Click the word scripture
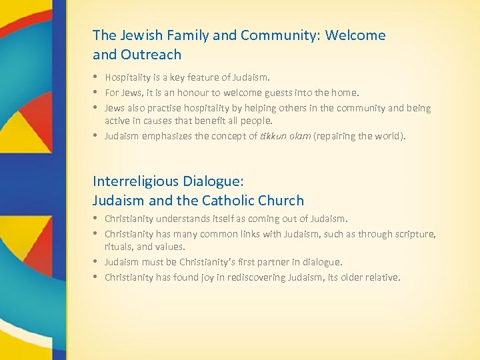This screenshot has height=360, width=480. pos(414,234)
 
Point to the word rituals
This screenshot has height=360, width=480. pos(117,247)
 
